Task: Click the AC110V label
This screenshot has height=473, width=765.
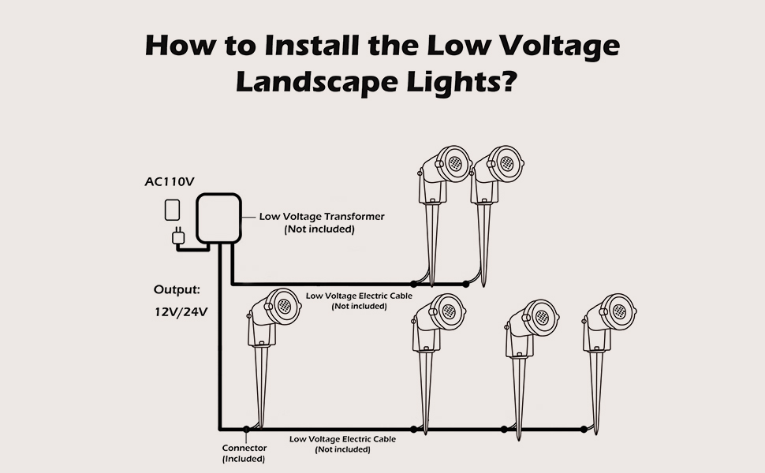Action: tap(169, 182)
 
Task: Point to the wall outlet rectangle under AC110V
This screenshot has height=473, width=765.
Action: tap(172, 210)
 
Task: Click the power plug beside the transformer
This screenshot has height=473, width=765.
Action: tap(178, 236)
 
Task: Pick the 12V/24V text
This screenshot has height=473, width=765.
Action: tap(181, 311)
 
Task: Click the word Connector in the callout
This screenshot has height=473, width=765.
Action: tap(244, 448)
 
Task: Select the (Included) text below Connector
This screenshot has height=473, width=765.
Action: tap(244, 458)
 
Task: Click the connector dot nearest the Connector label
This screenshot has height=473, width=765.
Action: tap(247, 430)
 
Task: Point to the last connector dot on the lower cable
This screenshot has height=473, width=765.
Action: tap(584, 430)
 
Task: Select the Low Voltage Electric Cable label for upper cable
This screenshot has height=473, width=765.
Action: tap(359, 296)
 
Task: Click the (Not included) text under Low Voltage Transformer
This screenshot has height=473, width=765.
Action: tap(319, 229)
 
